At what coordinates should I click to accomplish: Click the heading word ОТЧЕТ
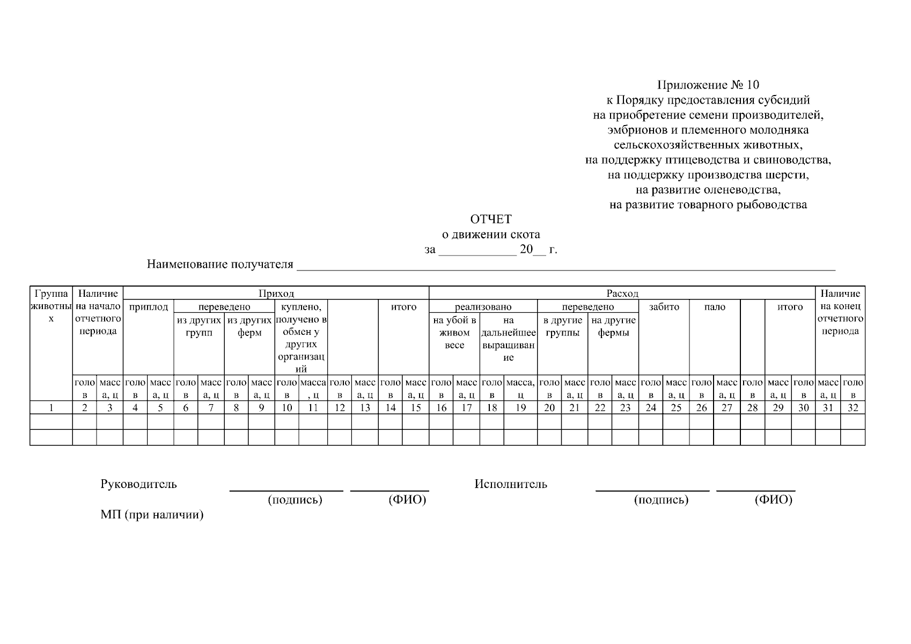click(490, 219)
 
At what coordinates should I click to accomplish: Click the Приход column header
click(276, 294)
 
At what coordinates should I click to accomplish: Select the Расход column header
click(622, 294)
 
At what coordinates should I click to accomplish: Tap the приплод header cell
click(149, 307)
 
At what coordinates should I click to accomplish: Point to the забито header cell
click(664, 307)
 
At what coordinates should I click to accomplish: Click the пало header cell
click(715, 307)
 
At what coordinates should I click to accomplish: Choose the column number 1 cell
click(51, 408)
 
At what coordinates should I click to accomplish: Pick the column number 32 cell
click(853, 408)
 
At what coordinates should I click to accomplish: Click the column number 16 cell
click(441, 408)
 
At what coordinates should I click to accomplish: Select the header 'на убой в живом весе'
click(454, 333)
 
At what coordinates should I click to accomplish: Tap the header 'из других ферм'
click(249, 327)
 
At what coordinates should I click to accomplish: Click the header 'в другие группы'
click(562, 327)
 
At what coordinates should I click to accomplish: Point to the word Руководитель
click(138, 484)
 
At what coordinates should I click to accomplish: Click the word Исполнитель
click(511, 484)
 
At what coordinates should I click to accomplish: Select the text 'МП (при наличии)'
click(152, 515)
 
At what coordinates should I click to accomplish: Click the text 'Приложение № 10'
click(708, 85)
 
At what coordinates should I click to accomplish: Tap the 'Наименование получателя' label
click(220, 264)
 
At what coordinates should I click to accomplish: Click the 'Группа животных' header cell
click(51, 306)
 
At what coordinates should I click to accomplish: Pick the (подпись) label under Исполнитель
click(661, 500)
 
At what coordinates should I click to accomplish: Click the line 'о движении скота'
click(490, 235)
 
